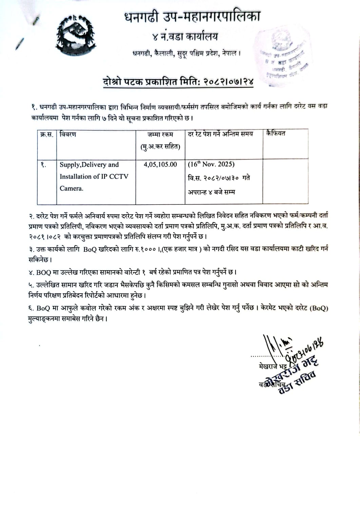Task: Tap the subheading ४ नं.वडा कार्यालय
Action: point(185,36)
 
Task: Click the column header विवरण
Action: point(68,134)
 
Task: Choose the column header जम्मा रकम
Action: point(160,135)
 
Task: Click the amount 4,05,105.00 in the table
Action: point(160,164)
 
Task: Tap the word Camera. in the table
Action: point(71,188)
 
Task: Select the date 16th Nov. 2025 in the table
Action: point(211,164)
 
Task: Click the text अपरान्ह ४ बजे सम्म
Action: point(211,192)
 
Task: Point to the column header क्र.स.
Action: point(46,134)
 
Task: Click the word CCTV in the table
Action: point(119,176)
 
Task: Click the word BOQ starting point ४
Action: point(43,272)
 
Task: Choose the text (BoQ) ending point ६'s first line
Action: point(319,308)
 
